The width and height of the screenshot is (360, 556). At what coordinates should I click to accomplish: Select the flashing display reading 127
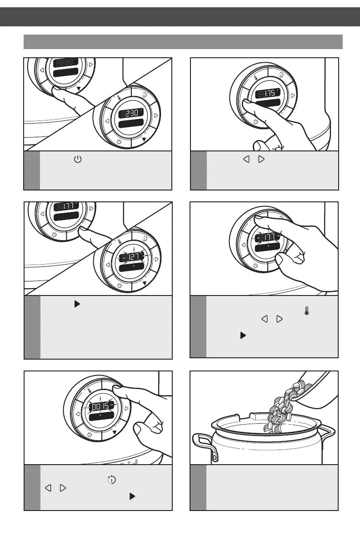coord(131,257)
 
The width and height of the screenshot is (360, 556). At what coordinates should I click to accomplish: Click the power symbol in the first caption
coord(77,160)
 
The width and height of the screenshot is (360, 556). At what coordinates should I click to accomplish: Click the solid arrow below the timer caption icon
coord(132,496)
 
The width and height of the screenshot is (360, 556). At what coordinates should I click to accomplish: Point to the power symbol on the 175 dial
coord(256,121)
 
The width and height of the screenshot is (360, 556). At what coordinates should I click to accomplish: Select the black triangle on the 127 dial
coord(144,282)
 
